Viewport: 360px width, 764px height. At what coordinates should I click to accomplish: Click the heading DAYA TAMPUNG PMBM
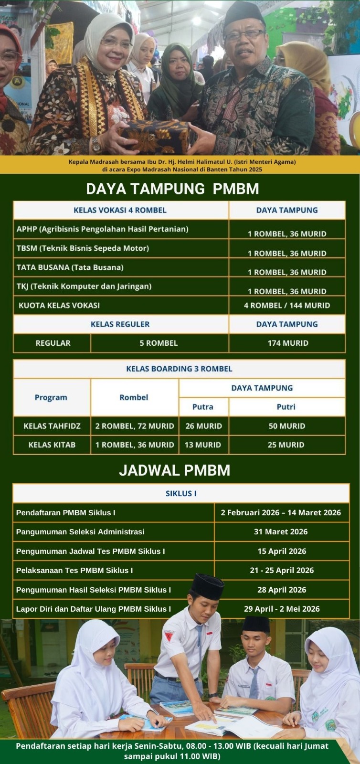click(172, 189)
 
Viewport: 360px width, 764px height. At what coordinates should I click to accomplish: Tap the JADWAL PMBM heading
click(175, 470)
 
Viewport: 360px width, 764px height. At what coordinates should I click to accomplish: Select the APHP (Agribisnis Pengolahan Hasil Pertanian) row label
click(102, 229)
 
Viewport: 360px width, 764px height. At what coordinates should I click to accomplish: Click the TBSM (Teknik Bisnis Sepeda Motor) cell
click(83, 248)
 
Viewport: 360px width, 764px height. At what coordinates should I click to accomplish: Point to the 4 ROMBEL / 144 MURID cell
click(287, 305)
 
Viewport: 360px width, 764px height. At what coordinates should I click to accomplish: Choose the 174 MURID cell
click(288, 343)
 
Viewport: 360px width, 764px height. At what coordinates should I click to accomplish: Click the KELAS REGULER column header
click(120, 324)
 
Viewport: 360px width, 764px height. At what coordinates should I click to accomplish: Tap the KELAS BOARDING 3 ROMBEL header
click(179, 369)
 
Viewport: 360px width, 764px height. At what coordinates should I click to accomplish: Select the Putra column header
click(203, 407)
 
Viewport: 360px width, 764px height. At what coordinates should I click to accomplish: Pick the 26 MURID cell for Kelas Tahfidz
click(203, 426)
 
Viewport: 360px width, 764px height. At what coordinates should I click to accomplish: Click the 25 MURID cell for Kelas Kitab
click(286, 445)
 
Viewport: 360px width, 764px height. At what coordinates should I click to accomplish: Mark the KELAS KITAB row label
click(52, 445)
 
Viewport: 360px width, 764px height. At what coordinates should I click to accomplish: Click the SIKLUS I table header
click(181, 493)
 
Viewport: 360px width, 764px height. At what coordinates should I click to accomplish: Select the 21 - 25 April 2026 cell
click(282, 570)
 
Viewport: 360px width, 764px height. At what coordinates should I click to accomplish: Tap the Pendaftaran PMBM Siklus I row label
click(66, 513)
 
